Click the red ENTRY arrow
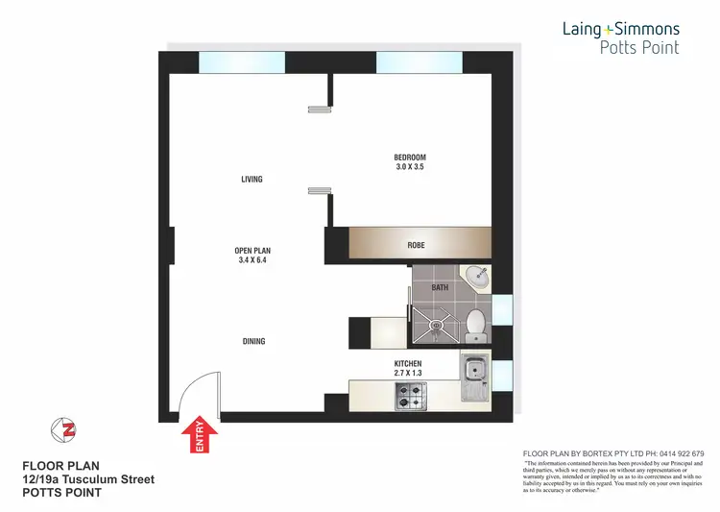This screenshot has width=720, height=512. click(x=200, y=435)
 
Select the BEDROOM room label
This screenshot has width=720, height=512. click(x=409, y=158)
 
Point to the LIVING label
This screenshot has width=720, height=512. click(x=252, y=180)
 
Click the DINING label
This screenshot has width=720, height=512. click(x=253, y=341)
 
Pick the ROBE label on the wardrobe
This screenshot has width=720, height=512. click(x=416, y=246)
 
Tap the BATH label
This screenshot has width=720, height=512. click(x=441, y=287)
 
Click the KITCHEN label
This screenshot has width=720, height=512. click(x=408, y=364)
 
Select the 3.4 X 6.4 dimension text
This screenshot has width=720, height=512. click(x=252, y=260)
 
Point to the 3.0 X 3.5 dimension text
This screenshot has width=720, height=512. click(x=409, y=167)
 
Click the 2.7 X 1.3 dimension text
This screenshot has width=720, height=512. click(x=408, y=374)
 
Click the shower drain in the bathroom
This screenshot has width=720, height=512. click(x=438, y=325)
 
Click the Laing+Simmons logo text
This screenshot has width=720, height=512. click(x=620, y=30)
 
